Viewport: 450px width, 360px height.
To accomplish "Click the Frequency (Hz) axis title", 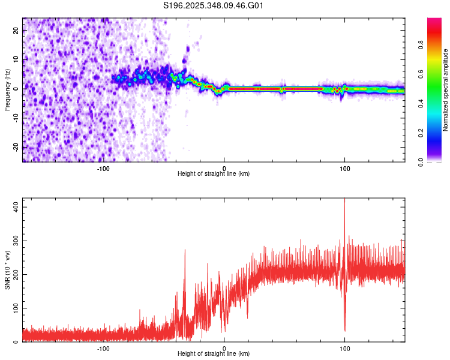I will point(7,90).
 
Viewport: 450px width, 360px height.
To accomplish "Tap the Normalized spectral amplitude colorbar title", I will point(446,90).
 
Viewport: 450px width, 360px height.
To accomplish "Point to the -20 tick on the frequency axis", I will point(15,147).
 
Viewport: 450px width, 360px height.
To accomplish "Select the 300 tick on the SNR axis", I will point(14,240).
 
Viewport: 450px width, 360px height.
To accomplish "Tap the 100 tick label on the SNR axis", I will point(14,308).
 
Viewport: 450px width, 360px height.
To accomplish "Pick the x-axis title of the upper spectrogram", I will point(214,174).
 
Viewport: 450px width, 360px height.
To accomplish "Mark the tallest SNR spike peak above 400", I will point(344,199).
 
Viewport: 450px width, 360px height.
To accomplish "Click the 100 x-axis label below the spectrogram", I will point(344,168).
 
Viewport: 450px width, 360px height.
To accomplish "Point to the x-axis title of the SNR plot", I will point(214,354).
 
